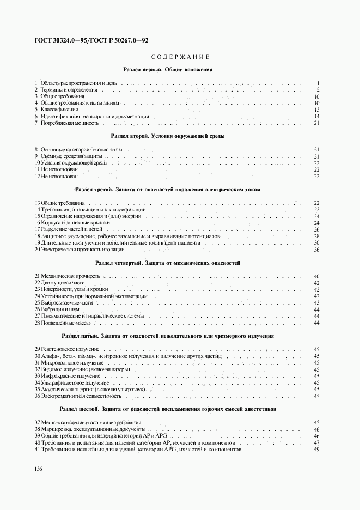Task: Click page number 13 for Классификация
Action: point(316,110)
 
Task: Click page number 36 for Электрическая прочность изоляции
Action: point(316,249)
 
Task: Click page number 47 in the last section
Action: point(316,442)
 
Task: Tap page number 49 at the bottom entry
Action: point(316,449)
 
